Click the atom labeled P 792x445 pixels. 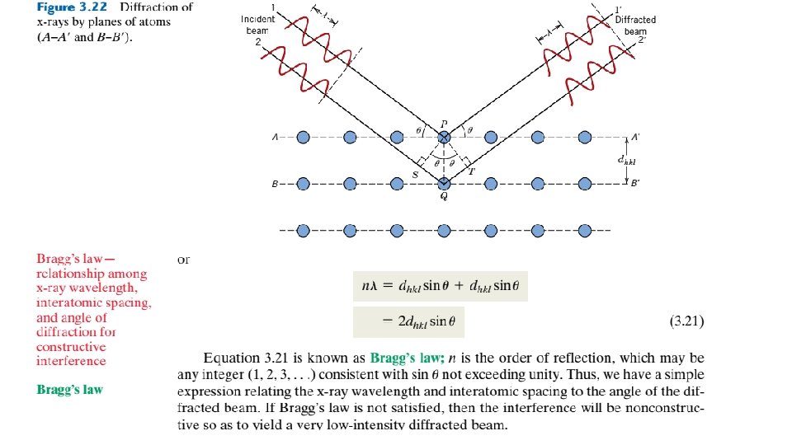click(x=445, y=137)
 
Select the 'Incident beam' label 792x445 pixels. click(x=257, y=26)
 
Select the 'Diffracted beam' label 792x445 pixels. click(x=635, y=26)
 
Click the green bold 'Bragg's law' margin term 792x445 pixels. click(x=69, y=388)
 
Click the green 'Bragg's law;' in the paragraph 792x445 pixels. click(x=408, y=358)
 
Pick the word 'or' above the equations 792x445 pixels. click(x=183, y=260)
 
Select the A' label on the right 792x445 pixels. click(x=636, y=137)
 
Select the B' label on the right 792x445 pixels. click(x=635, y=183)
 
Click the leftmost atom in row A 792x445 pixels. click(x=303, y=137)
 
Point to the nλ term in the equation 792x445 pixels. click(x=371, y=287)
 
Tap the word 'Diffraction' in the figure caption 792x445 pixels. click(x=160, y=7)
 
